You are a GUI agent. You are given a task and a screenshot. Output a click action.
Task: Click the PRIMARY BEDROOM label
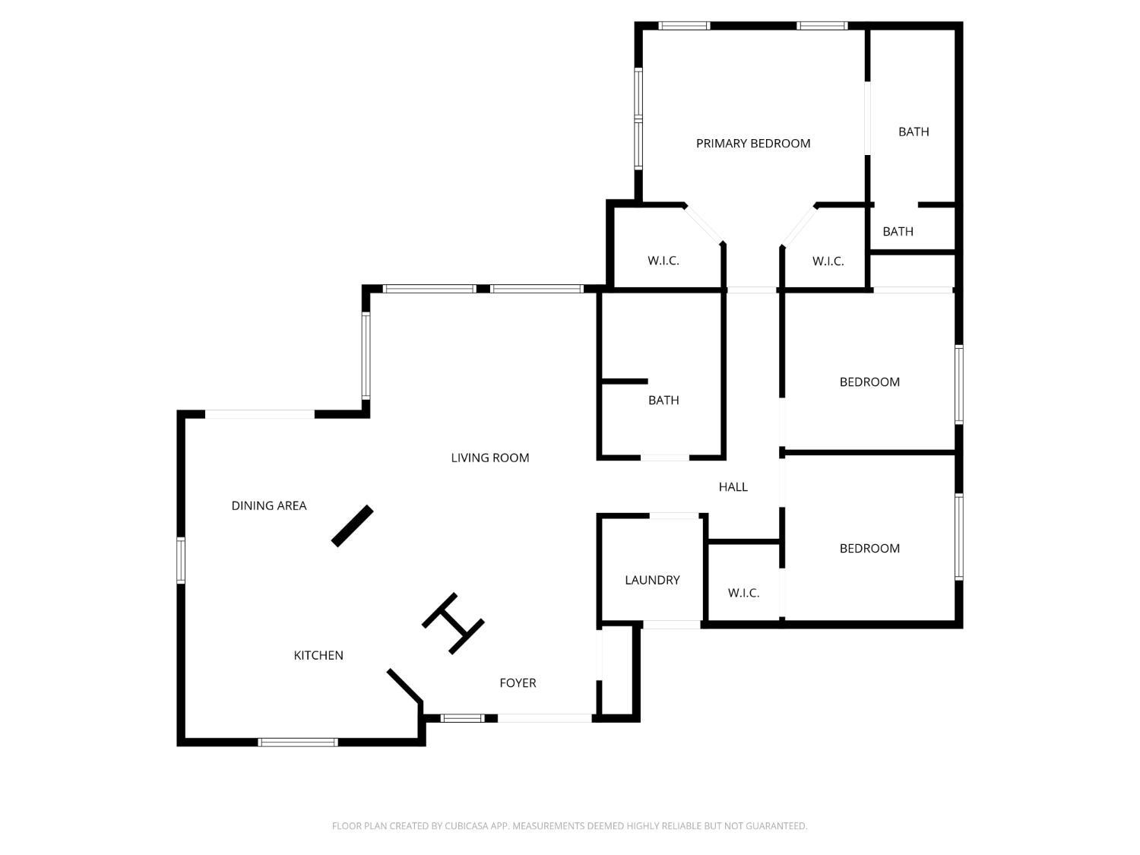click(752, 143)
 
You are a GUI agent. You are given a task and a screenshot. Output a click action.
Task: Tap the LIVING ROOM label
click(489, 458)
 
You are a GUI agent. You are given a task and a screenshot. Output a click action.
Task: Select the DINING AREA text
click(268, 505)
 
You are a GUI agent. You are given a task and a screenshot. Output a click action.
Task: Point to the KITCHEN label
click(318, 655)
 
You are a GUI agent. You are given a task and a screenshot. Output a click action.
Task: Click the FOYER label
click(518, 682)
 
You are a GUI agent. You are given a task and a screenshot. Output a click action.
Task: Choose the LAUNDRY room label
click(651, 580)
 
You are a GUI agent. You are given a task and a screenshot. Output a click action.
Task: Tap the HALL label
click(733, 486)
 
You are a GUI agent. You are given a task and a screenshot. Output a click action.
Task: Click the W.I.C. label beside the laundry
click(743, 593)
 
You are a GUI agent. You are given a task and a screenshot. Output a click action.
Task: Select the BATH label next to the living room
click(663, 400)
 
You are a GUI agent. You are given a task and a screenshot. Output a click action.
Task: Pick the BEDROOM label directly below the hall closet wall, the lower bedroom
click(869, 548)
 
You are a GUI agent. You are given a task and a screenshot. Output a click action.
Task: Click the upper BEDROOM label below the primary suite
click(869, 382)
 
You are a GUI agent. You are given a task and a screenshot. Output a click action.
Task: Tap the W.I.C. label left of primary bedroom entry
click(663, 261)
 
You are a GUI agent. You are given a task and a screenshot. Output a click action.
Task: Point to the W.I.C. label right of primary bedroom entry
click(828, 261)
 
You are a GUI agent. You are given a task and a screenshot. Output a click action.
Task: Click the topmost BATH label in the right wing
click(913, 131)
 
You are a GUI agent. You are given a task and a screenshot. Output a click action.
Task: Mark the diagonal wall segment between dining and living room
click(353, 526)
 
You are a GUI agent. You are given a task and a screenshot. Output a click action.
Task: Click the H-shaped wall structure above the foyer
click(453, 623)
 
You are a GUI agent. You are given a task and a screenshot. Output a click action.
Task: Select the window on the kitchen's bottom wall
click(298, 742)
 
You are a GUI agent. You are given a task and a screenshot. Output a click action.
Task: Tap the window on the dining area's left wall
click(181, 560)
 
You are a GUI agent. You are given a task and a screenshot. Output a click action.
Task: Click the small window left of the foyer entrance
click(462, 718)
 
